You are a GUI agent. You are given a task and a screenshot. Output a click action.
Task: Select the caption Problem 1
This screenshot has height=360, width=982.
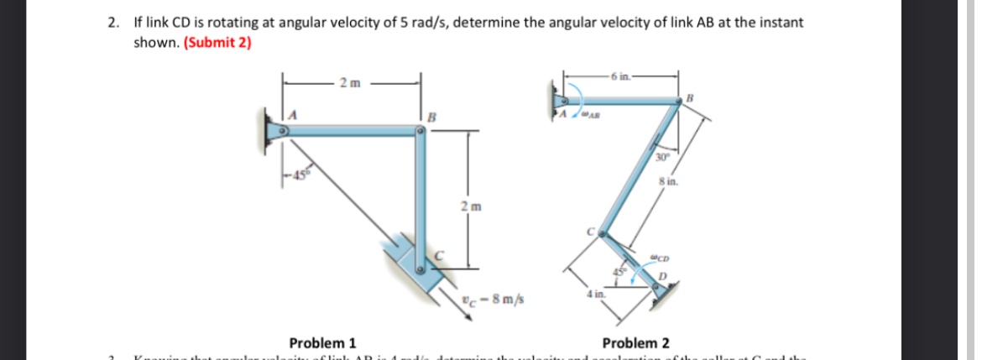tap(322, 342)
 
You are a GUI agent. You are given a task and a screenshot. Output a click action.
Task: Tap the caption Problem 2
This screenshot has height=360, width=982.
tap(636, 342)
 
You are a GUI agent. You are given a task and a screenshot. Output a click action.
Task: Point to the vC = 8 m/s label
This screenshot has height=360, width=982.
tap(496, 300)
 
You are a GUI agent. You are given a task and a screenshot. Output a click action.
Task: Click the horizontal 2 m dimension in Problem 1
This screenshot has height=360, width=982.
tap(350, 82)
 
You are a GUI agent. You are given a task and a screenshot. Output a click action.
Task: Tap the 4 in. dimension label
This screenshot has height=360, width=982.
tap(595, 295)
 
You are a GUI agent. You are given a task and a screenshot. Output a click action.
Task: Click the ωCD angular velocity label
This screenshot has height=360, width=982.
tap(660, 257)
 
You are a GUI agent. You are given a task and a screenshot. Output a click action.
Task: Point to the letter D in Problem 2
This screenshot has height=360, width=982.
tap(665, 276)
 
